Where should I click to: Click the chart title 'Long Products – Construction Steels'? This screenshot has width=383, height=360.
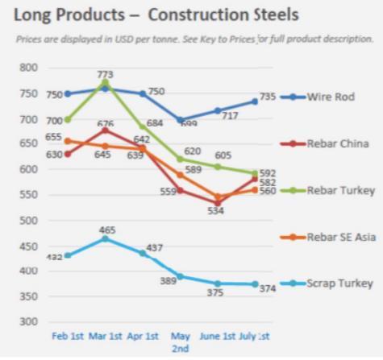pos(156,14)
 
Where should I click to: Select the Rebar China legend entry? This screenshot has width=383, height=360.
pos(340,143)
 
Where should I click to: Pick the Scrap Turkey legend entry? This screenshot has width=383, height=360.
pos(340,283)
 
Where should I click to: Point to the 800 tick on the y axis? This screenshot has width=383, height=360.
pos(29,68)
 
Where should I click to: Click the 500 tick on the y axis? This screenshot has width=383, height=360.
pos(29,221)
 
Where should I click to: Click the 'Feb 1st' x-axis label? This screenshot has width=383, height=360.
pos(68,335)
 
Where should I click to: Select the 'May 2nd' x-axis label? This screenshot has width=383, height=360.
pos(181,341)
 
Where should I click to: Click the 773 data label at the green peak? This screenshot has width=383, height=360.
pos(106,75)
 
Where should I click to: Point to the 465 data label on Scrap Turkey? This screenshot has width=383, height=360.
pos(107,230)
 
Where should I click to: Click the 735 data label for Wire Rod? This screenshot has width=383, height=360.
pos(267,96)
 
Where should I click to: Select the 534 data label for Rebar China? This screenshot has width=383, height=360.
pos(215,211)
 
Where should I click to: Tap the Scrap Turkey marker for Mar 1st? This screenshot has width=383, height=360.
pos(105,239)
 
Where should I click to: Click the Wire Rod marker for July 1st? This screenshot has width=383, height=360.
pos(254,101)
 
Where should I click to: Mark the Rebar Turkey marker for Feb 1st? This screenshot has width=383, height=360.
pos(68,119)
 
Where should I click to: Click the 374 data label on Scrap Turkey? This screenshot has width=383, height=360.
pos(268,288)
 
